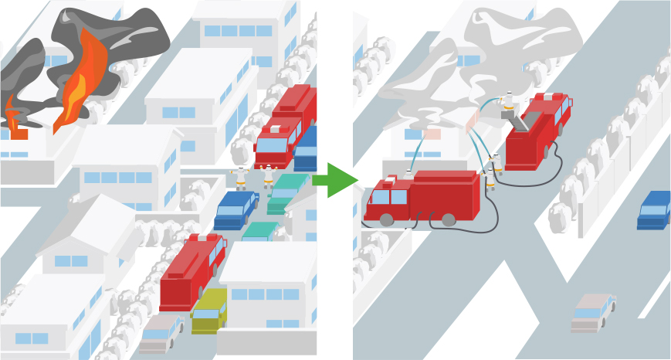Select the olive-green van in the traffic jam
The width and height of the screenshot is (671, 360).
tap(208, 311)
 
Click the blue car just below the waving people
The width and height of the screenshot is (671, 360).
tap(235, 209)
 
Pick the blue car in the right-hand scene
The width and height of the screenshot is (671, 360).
tap(653, 209)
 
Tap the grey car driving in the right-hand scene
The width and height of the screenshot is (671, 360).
tap(592, 312)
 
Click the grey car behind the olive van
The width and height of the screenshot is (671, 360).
tap(161, 333)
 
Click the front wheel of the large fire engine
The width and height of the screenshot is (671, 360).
tap(386, 220)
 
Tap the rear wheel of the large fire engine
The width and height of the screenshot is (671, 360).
tap(448, 220)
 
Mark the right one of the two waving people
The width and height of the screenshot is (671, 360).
tap(269, 176)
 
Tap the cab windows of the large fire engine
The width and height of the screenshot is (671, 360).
tap(388, 196)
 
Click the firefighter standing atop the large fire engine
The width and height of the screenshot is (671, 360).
tap(409, 175)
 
